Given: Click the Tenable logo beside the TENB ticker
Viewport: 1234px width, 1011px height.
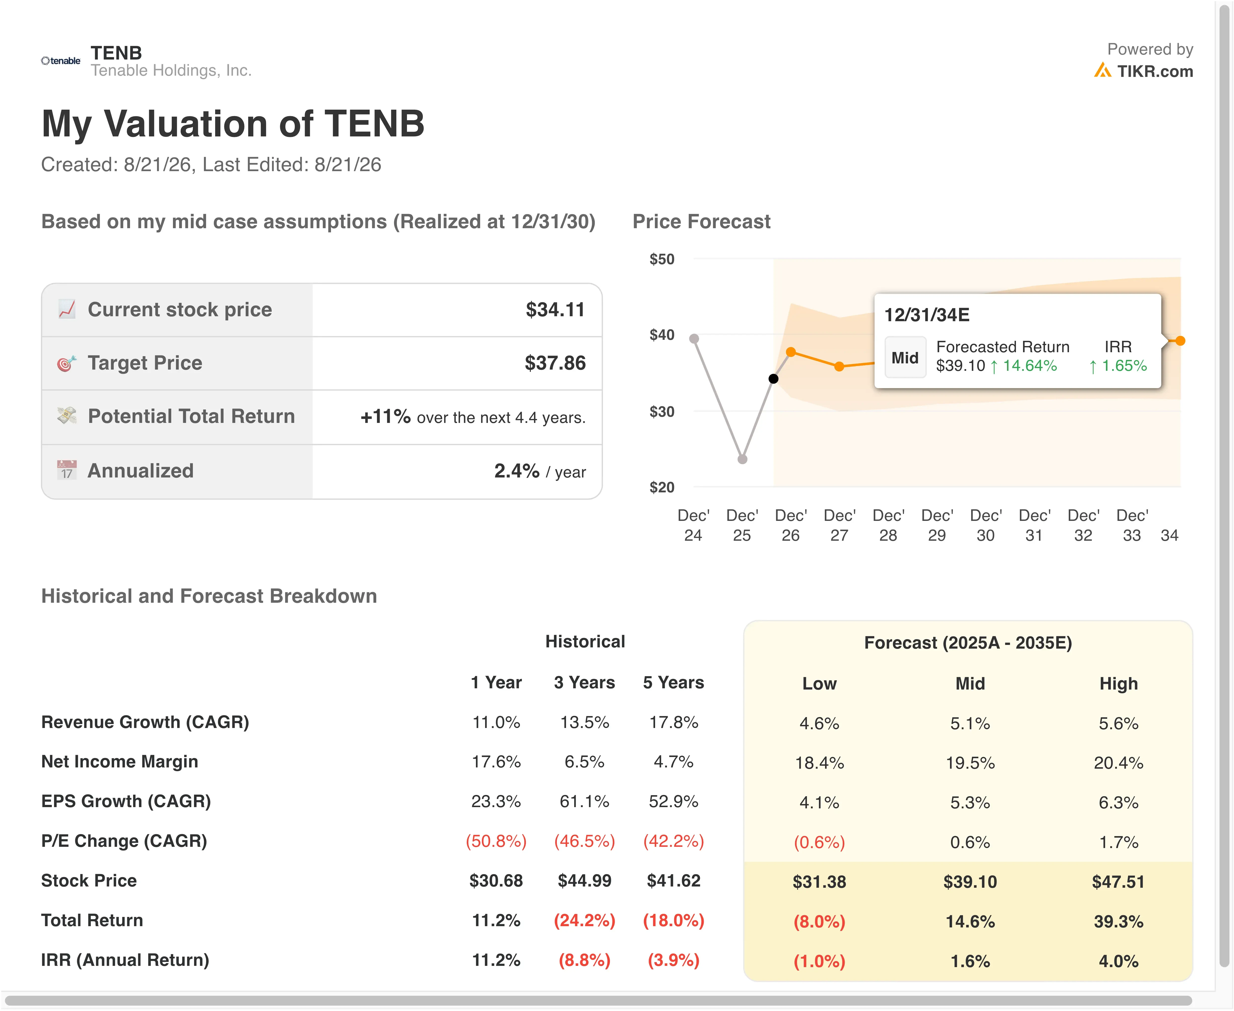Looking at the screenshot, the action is pos(61,61).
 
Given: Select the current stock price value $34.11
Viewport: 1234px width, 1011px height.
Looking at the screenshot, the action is pos(555,309).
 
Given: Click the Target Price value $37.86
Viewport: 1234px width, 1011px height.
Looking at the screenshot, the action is pos(555,363).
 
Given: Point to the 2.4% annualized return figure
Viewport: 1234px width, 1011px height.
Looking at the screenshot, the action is pos(517,471).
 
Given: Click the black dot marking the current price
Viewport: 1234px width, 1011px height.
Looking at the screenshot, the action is pos(773,379).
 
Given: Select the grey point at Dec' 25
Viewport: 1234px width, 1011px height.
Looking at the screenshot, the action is pos(742,459).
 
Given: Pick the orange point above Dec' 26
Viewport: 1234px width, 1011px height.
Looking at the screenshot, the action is pos(791,352).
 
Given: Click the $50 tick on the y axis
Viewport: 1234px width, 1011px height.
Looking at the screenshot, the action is pos(662,259).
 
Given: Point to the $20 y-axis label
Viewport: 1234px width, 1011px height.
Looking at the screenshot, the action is pos(662,487).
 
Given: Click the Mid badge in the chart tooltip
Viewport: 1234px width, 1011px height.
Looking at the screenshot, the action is pos(905,358).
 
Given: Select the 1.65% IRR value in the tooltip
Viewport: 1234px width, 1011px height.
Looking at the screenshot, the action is pos(1124,366).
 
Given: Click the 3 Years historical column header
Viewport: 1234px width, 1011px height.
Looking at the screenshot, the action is pos(584,683).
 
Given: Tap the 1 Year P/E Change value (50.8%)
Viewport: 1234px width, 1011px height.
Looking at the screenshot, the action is pos(496,841).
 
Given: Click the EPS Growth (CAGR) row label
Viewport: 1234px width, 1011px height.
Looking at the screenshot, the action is pos(126,801).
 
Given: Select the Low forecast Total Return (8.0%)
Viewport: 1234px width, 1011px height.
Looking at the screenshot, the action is pos(819,921).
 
